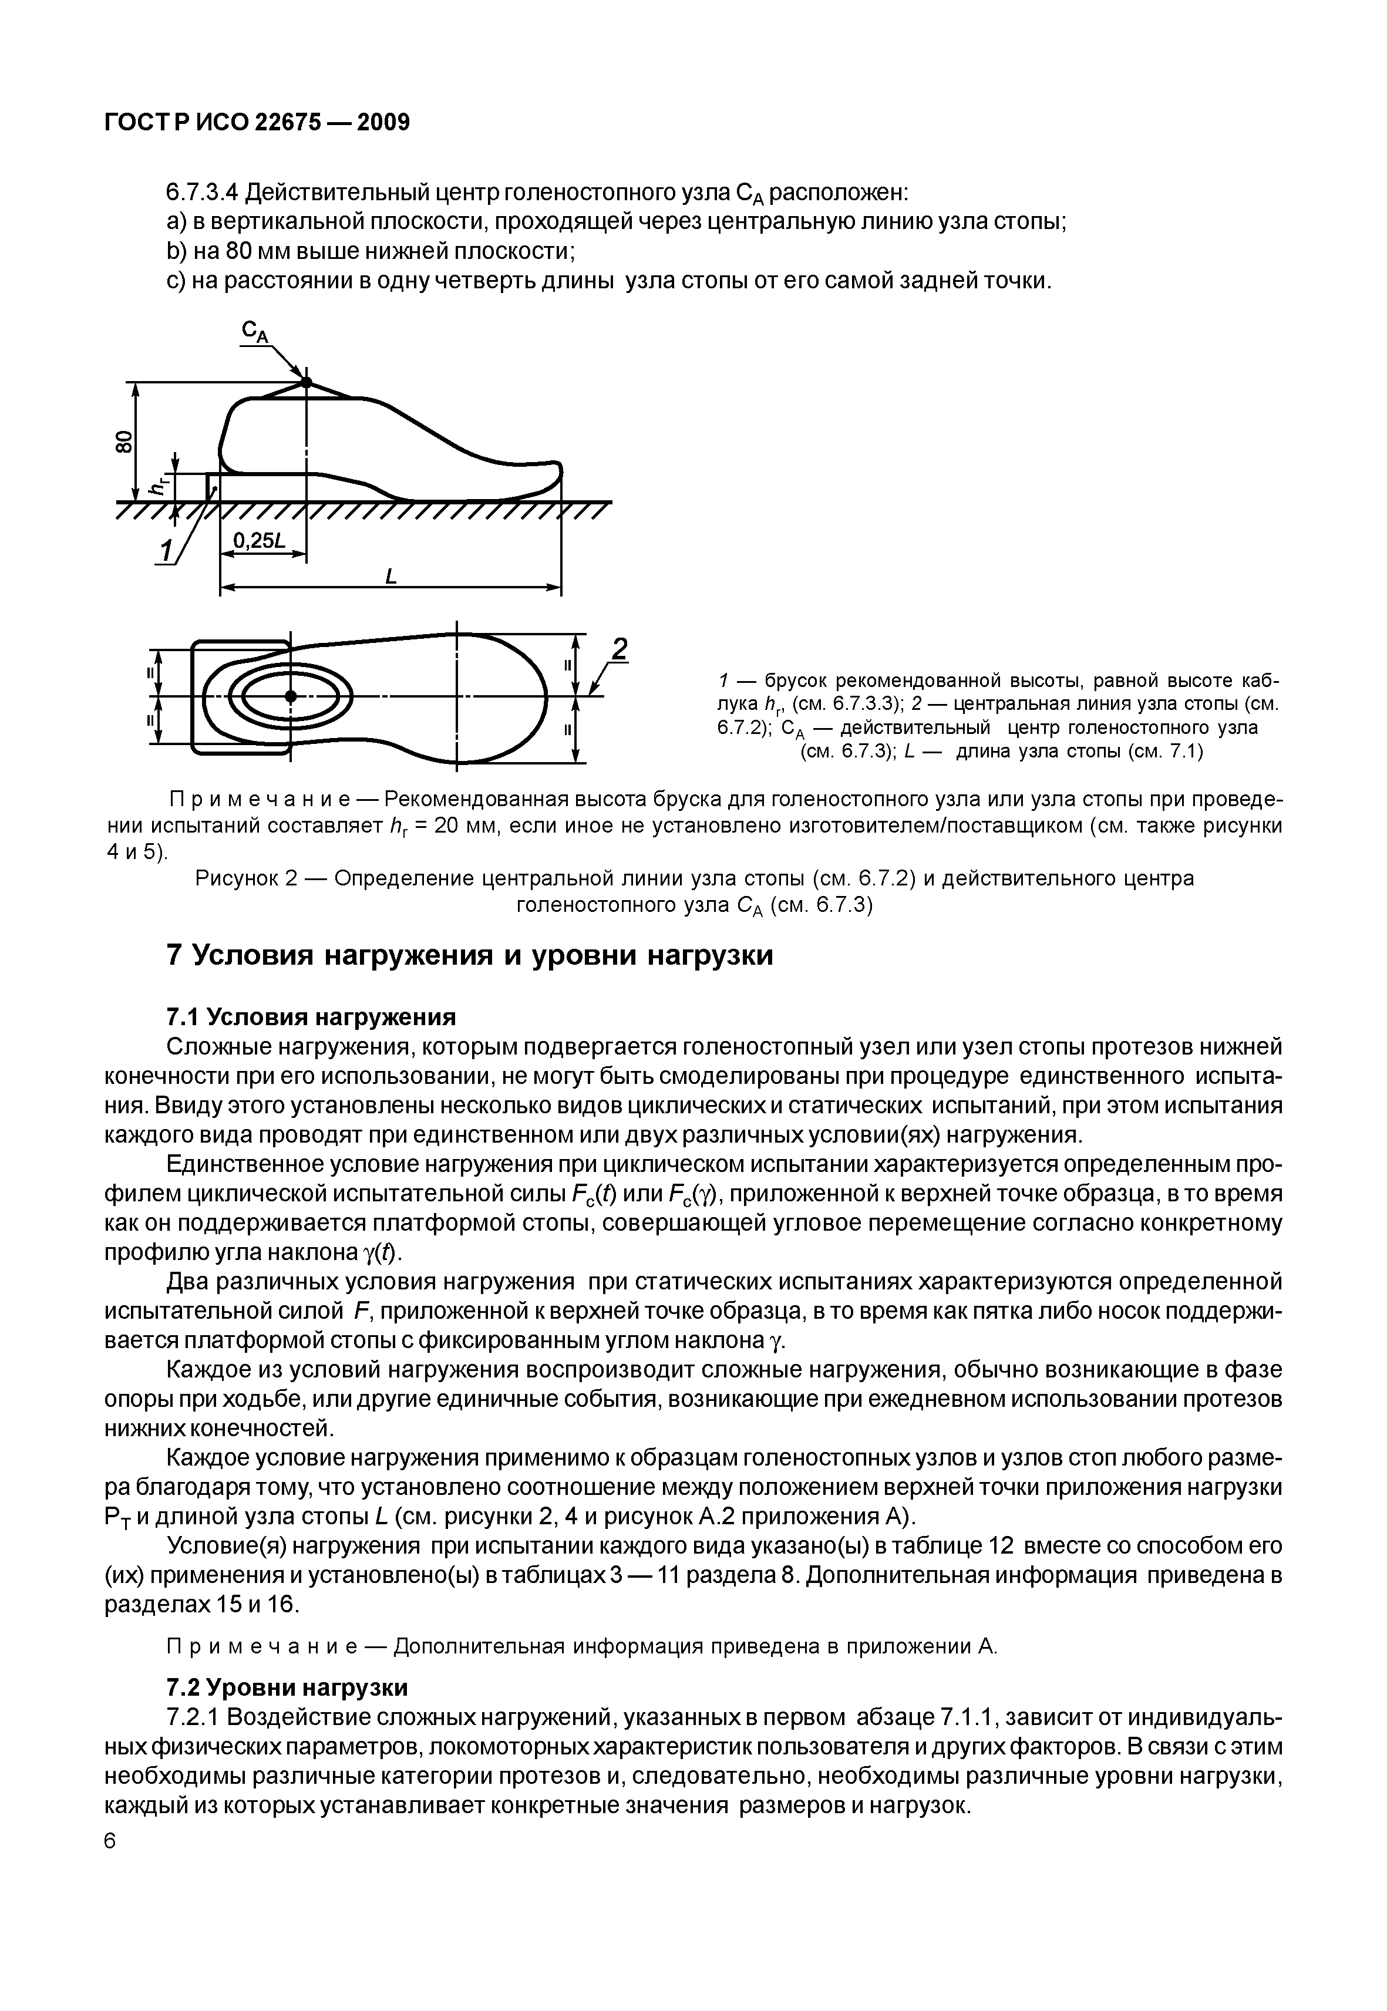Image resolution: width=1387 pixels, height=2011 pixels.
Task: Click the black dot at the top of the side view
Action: (306, 382)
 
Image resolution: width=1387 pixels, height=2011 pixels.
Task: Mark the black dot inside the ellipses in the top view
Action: (290, 696)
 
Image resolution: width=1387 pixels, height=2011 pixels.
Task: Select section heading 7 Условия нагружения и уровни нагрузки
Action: (469, 955)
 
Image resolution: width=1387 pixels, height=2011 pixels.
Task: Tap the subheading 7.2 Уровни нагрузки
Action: (287, 1687)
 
